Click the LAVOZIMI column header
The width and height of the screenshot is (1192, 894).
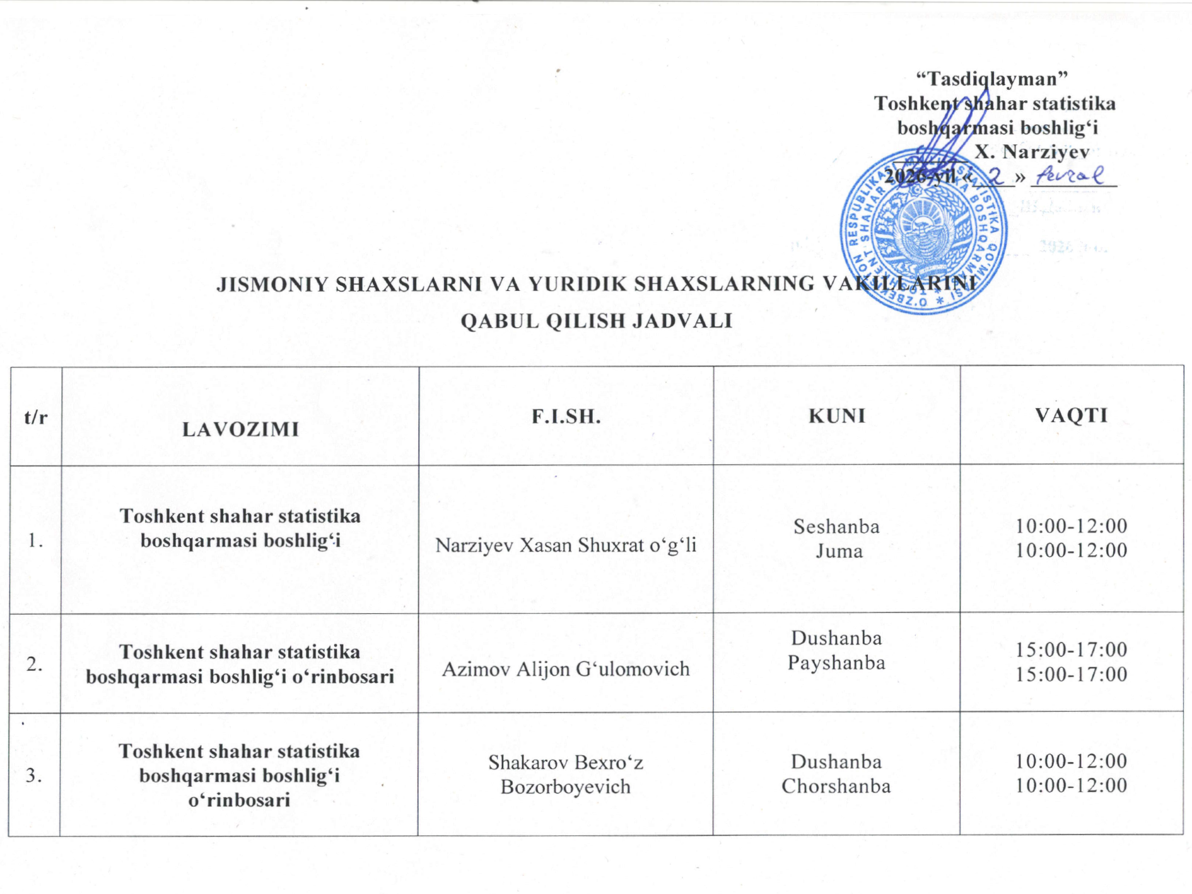click(240, 429)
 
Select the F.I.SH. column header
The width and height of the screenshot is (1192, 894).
click(566, 416)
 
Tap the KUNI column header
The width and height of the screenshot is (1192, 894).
click(837, 416)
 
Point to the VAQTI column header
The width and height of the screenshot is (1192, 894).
click(1072, 415)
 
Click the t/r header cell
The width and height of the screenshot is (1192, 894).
click(36, 416)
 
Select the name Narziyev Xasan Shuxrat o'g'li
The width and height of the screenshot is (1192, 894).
click(566, 545)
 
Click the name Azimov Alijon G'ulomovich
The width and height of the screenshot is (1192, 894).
click(566, 669)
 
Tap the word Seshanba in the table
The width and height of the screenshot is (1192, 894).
click(836, 526)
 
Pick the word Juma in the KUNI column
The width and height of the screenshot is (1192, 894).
click(839, 551)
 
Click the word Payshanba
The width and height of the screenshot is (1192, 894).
click(836, 662)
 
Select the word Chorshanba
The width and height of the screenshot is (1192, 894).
click(836, 786)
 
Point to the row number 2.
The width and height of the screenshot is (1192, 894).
click(35, 664)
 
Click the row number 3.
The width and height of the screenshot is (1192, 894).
click(34, 775)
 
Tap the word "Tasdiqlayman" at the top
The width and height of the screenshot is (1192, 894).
click(991, 79)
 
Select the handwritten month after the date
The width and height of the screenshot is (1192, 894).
click(1072, 175)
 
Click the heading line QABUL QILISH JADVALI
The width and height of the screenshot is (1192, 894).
click(596, 321)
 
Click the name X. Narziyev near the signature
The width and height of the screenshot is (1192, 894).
click(1032, 151)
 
